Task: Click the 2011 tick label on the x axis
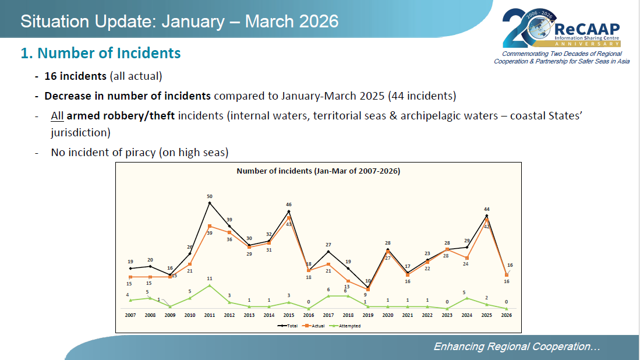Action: (210, 315)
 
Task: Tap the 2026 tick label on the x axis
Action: (507, 315)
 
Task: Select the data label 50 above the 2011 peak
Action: (210, 196)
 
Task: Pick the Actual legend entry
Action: (317, 326)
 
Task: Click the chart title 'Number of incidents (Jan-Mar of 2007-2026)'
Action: (318, 171)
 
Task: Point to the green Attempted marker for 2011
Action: (210, 285)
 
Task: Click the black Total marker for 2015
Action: (289, 211)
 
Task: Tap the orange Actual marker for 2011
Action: (210, 226)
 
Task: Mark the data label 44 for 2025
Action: (487, 209)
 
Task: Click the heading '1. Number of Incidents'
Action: (101, 53)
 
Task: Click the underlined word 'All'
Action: (57, 115)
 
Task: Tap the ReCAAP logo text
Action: (587, 29)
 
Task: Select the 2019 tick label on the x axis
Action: (368, 315)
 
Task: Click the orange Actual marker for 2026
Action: (507, 275)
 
